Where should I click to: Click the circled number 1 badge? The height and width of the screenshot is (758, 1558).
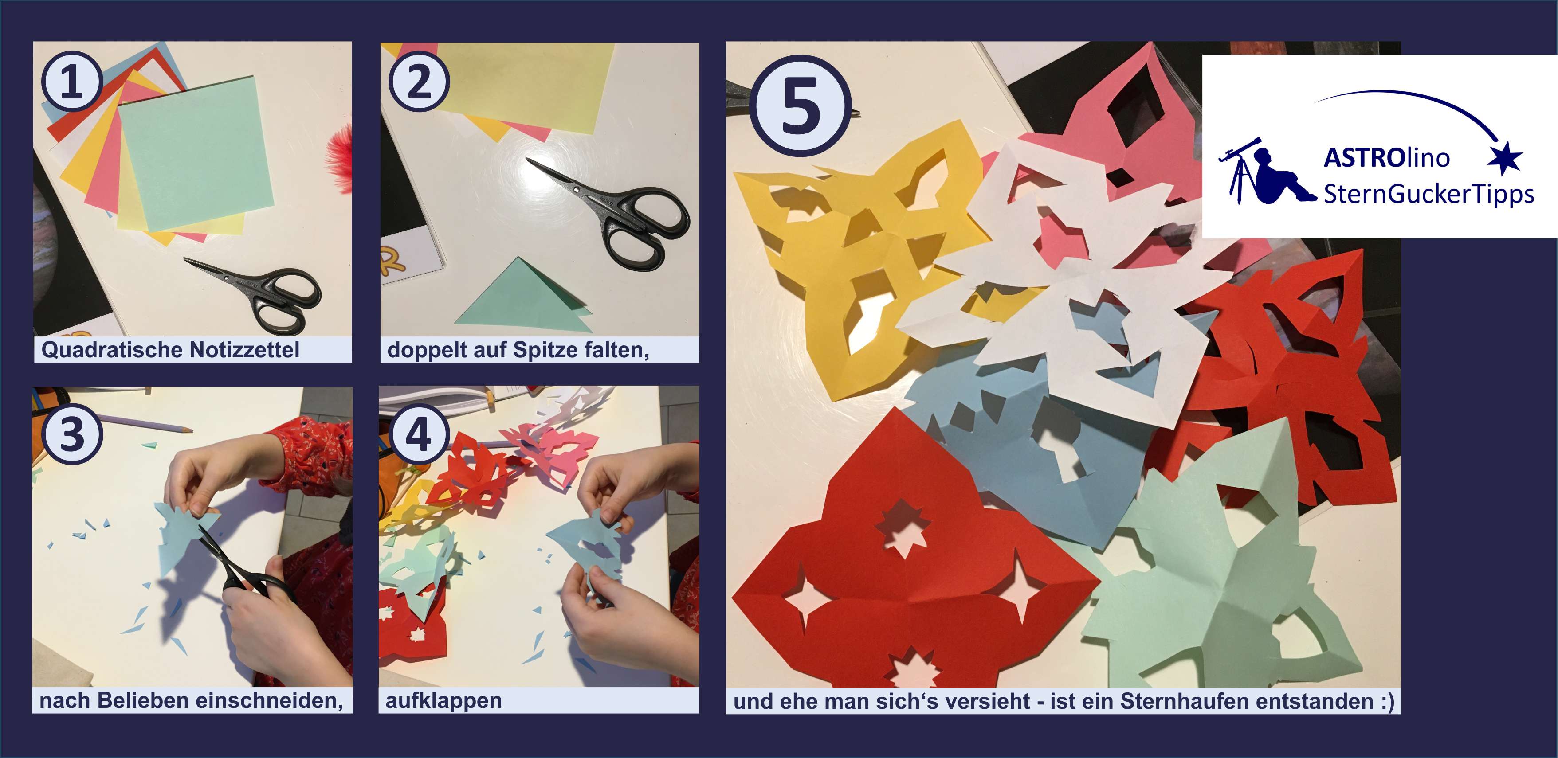pyautogui.click(x=71, y=81)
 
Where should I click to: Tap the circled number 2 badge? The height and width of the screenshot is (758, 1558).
pyautogui.click(x=419, y=81)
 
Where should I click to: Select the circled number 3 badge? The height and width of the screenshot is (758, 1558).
pyautogui.click(x=72, y=434)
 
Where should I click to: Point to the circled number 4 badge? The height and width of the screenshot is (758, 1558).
pyautogui.click(x=419, y=434)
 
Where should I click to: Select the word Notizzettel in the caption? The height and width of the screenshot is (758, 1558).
pyautogui.click(x=244, y=349)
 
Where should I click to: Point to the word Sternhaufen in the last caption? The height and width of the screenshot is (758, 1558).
pyautogui.click(x=1179, y=701)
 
